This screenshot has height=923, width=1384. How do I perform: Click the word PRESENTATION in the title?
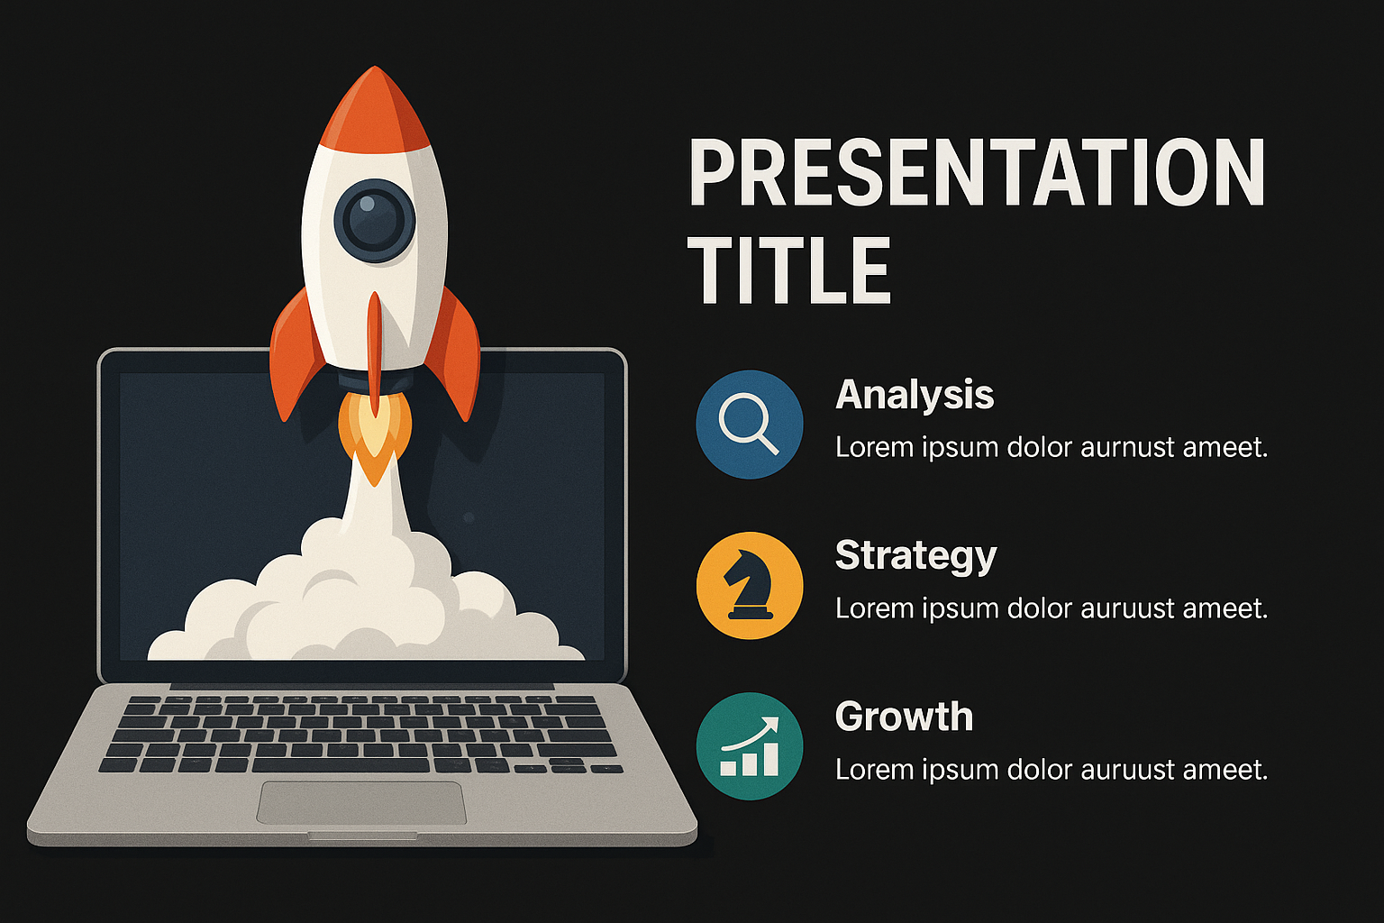coord(977,172)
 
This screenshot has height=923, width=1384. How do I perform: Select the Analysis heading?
coord(915,395)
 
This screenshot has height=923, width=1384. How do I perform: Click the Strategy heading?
coord(915,556)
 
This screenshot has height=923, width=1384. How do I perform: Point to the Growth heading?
coord(904,717)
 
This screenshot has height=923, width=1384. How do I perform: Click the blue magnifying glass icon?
coord(750,425)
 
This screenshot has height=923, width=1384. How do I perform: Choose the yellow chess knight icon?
coord(750,585)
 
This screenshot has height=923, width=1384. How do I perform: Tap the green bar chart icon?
coord(750,746)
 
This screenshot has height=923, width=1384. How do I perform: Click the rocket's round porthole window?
coord(375,222)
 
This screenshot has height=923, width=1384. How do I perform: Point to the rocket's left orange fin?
coord(296,355)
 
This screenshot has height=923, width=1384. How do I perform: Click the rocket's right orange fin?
coord(454,355)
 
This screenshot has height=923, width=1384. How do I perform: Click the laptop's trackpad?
coord(361,802)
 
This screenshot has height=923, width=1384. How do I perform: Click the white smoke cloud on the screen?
coord(365,593)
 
